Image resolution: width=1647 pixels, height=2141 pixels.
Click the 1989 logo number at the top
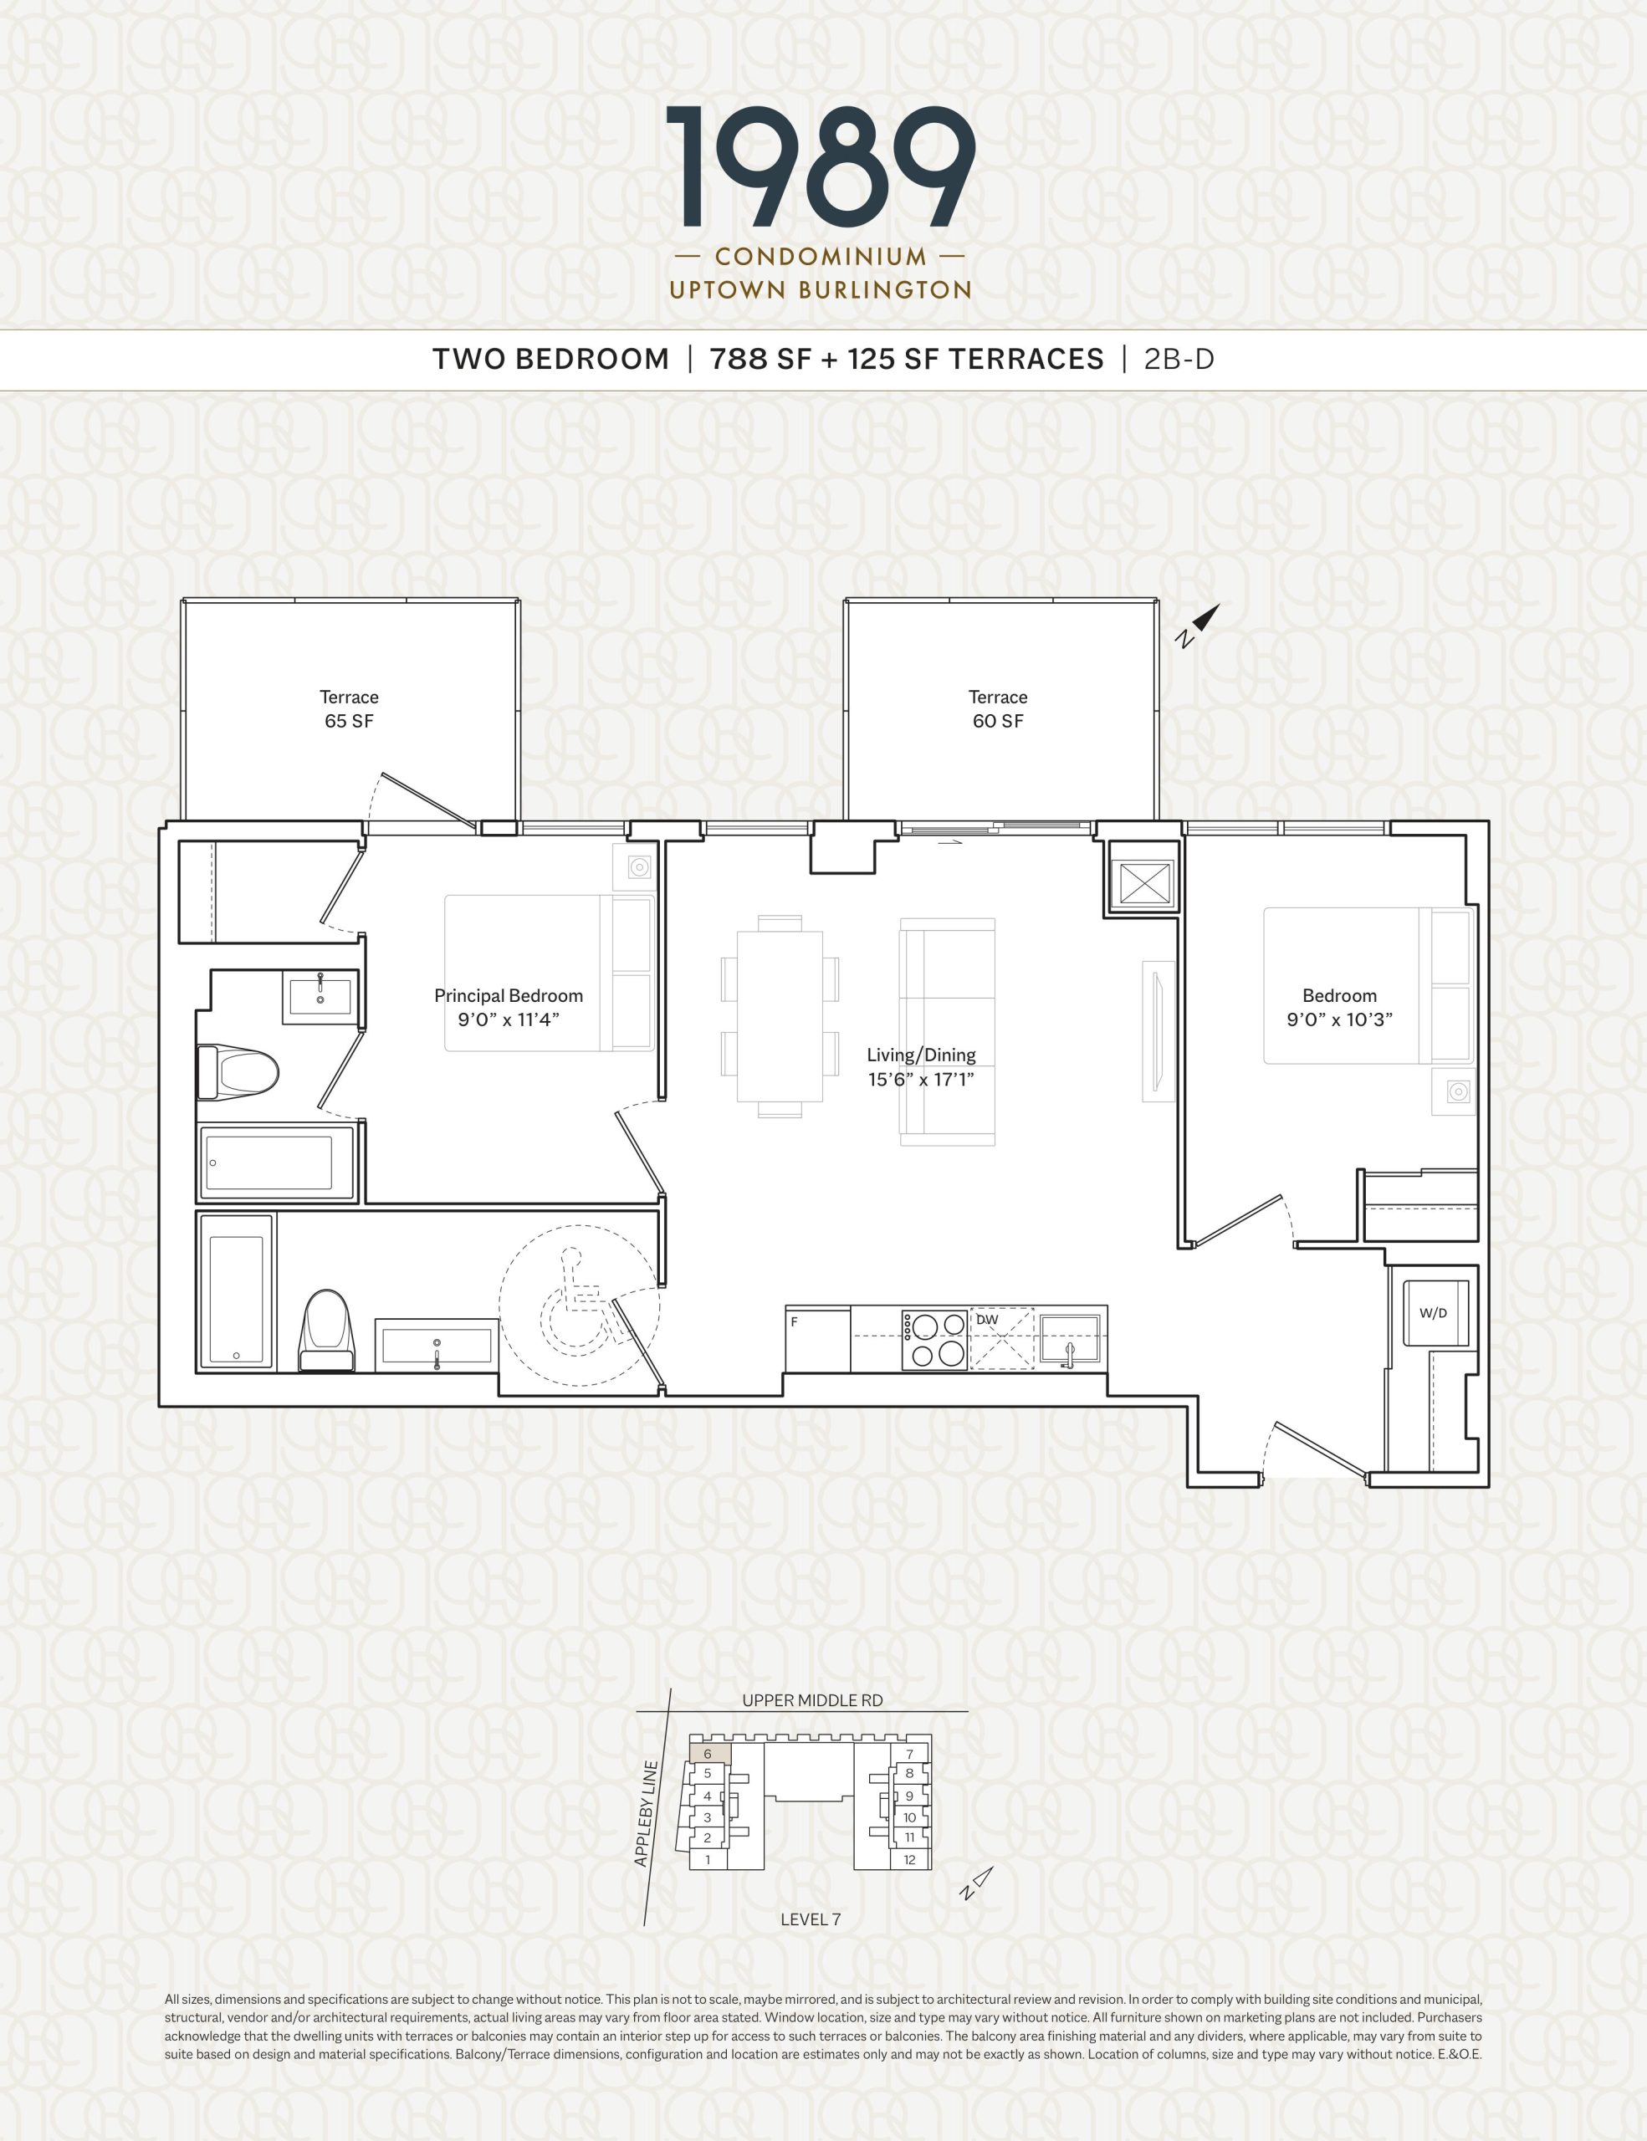pos(821,166)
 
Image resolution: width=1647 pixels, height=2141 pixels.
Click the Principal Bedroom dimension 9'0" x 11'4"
pos(509,1019)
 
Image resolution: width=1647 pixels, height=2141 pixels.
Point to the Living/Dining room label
pos(921,1055)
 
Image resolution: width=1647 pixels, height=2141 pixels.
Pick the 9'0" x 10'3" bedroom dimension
pos(1339,1019)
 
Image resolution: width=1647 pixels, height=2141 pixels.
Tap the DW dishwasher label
pos(987,1320)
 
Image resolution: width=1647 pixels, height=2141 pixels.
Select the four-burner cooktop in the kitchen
pos(935,1339)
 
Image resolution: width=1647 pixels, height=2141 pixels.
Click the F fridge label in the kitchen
pos(794,1321)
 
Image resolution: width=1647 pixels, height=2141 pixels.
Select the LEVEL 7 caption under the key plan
pos(810,1919)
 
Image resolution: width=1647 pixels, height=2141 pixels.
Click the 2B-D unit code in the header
pos(1179,360)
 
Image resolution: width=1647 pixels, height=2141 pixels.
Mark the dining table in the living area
pos(780,1017)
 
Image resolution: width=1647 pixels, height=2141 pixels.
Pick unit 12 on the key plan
pos(910,1860)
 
